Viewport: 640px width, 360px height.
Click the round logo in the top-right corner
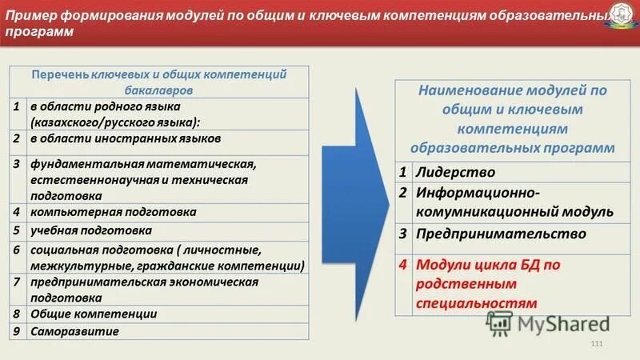[x=623, y=18]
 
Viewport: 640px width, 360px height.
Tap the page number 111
[x=595, y=344]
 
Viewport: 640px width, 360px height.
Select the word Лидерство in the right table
[x=455, y=172]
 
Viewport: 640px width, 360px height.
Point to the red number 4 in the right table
[x=404, y=263]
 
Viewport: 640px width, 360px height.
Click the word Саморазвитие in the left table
[x=75, y=331]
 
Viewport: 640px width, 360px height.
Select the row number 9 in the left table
[x=16, y=331]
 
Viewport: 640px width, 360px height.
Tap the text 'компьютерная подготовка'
[x=114, y=212]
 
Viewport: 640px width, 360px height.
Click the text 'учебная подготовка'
[x=91, y=230]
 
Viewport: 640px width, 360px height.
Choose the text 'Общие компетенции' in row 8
[x=94, y=314]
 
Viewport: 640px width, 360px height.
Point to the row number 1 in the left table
[x=16, y=106]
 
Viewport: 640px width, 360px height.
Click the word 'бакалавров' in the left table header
[x=158, y=89]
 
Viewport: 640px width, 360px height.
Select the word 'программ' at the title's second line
[x=39, y=33]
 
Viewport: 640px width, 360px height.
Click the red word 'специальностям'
[x=475, y=303]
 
